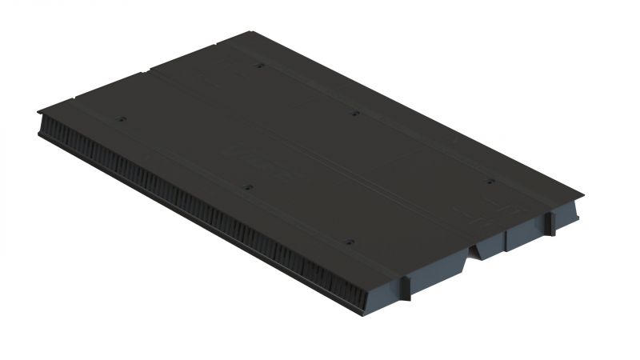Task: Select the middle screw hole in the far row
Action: coord(354,114)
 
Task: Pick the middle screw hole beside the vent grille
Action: coord(247,188)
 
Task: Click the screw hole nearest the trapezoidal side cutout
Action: coord(490,182)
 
